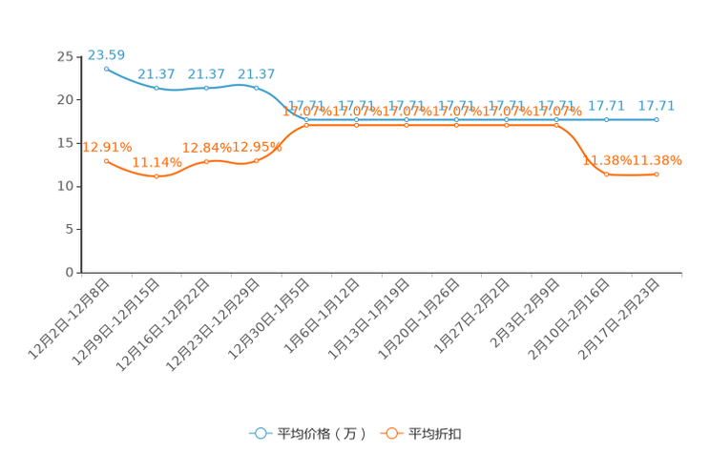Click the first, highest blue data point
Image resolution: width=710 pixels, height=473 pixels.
pyautogui.click(x=106, y=69)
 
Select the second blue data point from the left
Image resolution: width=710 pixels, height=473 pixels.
pyautogui.click(x=157, y=89)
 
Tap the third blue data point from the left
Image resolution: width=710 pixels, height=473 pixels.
pyautogui.click(x=206, y=88)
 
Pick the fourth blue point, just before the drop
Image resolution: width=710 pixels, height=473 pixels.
pyautogui.click(x=256, y=88)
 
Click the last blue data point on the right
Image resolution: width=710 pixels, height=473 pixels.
pyautogui.click(x=656, y=120)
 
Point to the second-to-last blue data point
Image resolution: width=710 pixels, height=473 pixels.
pyautogui.click(x=606, y=120)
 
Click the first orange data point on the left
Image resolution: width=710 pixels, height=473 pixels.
pyautogui.click(x=106, y=161)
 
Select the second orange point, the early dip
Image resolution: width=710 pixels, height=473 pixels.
pyautogui.click(x=157, y=176)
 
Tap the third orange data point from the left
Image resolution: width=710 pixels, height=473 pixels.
pyautogui.click(x=206, y=162)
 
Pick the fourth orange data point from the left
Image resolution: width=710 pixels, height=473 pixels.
pyautogui.click(x=256, y=161)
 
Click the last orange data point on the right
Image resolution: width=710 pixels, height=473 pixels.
pyautogui.click(x=657, y=175)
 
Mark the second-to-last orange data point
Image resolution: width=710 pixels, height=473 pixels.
pyautogui.click(x=606, y=175)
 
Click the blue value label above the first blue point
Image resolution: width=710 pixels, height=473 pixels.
pyautogui.click(x=106, y=55)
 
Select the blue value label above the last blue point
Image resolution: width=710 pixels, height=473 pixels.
pyautogui.click(x=657, y=106)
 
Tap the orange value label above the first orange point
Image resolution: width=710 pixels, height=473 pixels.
pyautogui.click(x=106, y=147)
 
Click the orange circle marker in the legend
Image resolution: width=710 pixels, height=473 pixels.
pyautogui.click(x=391, y=434)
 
